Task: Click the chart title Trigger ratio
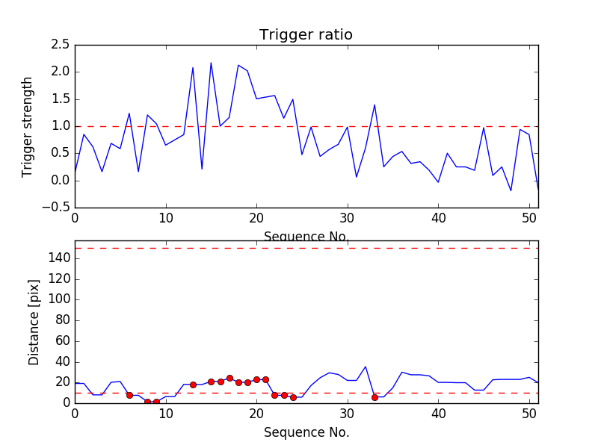point(306,35)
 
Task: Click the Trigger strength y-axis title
point(28,126)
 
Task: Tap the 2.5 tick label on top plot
point(61,45)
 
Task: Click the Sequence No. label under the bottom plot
point(306,432)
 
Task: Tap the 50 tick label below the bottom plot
point(529,414)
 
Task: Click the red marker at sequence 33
point(374,397)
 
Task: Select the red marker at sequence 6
point(129,395)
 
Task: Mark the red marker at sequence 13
point(193,385)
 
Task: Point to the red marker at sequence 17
point(229,378)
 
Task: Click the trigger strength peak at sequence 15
point(211,63)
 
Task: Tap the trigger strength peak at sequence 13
point(193,68)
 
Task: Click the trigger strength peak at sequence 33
point(374,105)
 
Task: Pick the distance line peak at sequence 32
point(366,367)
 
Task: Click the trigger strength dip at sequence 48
point(511,190)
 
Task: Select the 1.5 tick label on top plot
point(61,99)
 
